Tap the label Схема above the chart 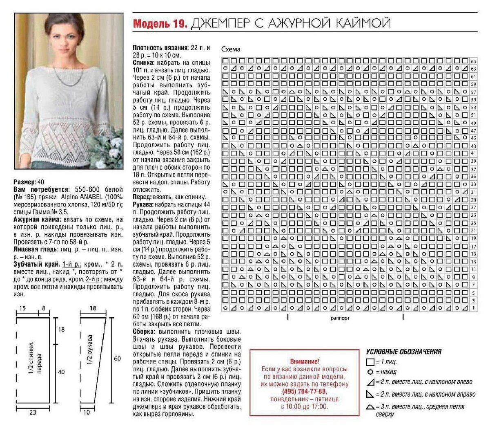[x=231, y=49]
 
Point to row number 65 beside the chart [x=474, y=61]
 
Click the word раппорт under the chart [x=340, y=318]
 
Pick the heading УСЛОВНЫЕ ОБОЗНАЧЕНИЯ [x=403, y=351]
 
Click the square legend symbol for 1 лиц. [x=370, y=362]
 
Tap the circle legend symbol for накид [x=370, y=372]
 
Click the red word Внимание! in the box [x=304, y=361]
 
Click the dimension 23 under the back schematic [x=33, y=413]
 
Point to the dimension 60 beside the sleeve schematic [x=117, y=358]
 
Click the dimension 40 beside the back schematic [x=61, y=372]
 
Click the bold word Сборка [x=144, y=331]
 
